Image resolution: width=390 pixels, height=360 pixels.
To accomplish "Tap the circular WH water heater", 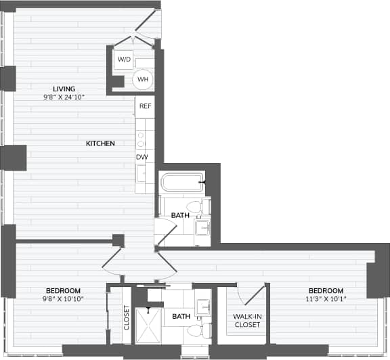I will pos(144,79).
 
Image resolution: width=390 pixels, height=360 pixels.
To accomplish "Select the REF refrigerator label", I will pos(144,106).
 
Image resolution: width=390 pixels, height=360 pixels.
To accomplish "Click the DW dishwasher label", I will pos(142,157).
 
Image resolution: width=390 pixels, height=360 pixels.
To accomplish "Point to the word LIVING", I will pos(64,89).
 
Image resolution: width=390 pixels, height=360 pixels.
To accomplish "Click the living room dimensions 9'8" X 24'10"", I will pos(64,96).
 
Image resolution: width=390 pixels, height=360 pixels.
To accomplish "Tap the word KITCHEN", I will pos(100,143).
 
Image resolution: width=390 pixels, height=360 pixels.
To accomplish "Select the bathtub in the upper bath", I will pos(181,183).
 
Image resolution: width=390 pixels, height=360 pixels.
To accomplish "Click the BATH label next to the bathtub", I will pos(180,216).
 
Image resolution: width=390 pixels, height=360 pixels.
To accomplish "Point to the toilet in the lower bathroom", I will pos(195,331).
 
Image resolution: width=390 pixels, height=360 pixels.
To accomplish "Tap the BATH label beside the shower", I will pos(181,316).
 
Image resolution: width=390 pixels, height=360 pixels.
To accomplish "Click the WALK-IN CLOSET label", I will pos(246,321).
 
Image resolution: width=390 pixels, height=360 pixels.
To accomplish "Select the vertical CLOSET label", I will pos(126,318).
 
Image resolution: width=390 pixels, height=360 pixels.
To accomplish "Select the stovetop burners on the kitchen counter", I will pos(142,139).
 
